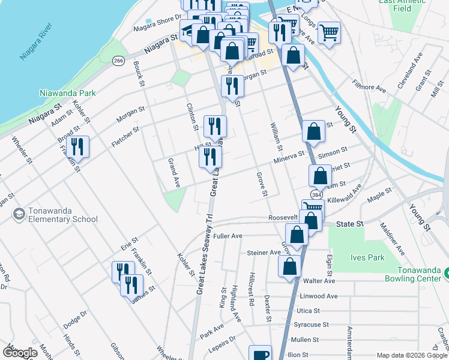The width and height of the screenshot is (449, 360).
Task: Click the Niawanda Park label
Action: coord(67,94)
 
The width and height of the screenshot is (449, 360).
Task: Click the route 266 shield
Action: coord(118,61)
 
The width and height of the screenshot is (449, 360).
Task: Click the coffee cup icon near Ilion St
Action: coord(261,355)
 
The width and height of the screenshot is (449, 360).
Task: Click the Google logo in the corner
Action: coord(20,353)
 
